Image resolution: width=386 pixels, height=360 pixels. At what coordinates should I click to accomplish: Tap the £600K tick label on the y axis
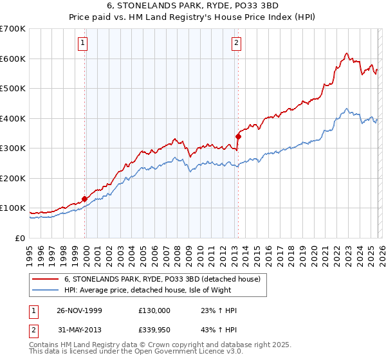tap(13, 59)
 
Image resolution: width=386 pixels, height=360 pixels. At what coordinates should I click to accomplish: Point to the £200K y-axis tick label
tap(13, 178)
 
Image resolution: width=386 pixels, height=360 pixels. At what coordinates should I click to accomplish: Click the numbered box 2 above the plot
tap(237, 43)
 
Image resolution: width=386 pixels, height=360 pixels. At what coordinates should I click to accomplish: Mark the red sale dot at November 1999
tap(84, 199)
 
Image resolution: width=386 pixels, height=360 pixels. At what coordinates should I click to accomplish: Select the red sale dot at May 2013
tap(237, 136)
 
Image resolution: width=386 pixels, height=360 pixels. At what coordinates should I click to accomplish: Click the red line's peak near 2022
tap(346, 53)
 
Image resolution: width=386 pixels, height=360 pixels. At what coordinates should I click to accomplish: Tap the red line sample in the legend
tap(45, 279)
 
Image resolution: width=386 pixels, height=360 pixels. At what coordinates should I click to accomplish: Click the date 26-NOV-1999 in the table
tap(79, 310)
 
